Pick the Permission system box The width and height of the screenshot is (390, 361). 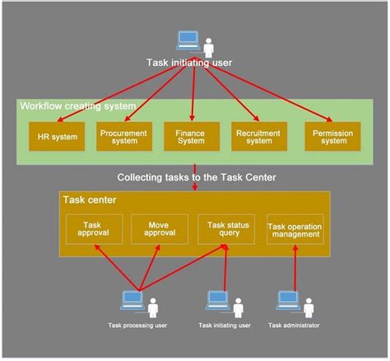(x=332, y=135)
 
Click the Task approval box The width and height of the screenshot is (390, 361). (x=93, y=229)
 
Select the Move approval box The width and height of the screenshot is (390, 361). (x=160, y=229)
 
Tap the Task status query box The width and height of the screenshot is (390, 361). (x=227, y=229)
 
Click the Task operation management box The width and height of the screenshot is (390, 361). (x=295, y=229)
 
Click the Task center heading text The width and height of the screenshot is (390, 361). (x=89, y=199)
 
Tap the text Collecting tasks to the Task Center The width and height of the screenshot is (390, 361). (x=195, y=176)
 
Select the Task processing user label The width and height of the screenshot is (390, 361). (x=138, y=326)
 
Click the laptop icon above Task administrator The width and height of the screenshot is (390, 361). (x=287, y=300)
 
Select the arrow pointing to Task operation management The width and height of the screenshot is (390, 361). (x=295, y=268)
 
